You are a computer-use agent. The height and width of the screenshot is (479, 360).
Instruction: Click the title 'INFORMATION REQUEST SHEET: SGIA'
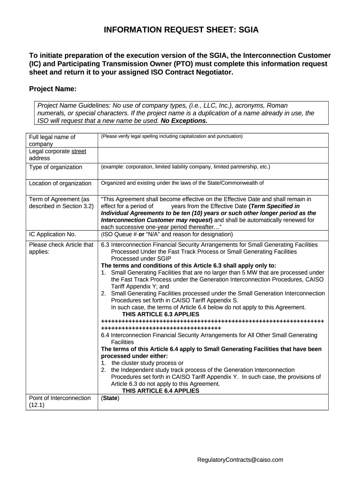coord(180,30)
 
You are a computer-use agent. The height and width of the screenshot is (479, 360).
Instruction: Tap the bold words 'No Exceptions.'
coord(184,120)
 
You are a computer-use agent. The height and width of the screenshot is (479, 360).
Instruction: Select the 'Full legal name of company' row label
coord(52,140)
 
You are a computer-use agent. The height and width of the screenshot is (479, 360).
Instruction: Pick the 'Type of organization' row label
coord(56,167)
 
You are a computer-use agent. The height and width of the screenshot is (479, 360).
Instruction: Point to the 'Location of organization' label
coord(60,183)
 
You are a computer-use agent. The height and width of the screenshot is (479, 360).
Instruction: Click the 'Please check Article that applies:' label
coord(61,248)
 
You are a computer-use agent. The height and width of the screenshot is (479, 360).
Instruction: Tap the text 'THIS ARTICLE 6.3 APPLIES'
coord(160,314)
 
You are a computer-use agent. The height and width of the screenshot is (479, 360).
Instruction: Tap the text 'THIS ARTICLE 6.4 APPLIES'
coord(160,391)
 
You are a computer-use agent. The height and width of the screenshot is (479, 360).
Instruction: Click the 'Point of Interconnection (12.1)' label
coord(60,401)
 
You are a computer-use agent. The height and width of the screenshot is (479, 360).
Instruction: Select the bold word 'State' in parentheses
coord(110,398)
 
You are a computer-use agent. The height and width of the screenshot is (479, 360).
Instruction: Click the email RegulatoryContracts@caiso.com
coord(240,460)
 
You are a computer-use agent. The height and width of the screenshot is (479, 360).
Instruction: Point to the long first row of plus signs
coord(212,321)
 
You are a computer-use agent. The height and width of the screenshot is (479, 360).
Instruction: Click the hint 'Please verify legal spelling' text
coord(172,137)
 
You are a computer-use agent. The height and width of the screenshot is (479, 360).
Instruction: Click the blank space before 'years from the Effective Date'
coord(162,206)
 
